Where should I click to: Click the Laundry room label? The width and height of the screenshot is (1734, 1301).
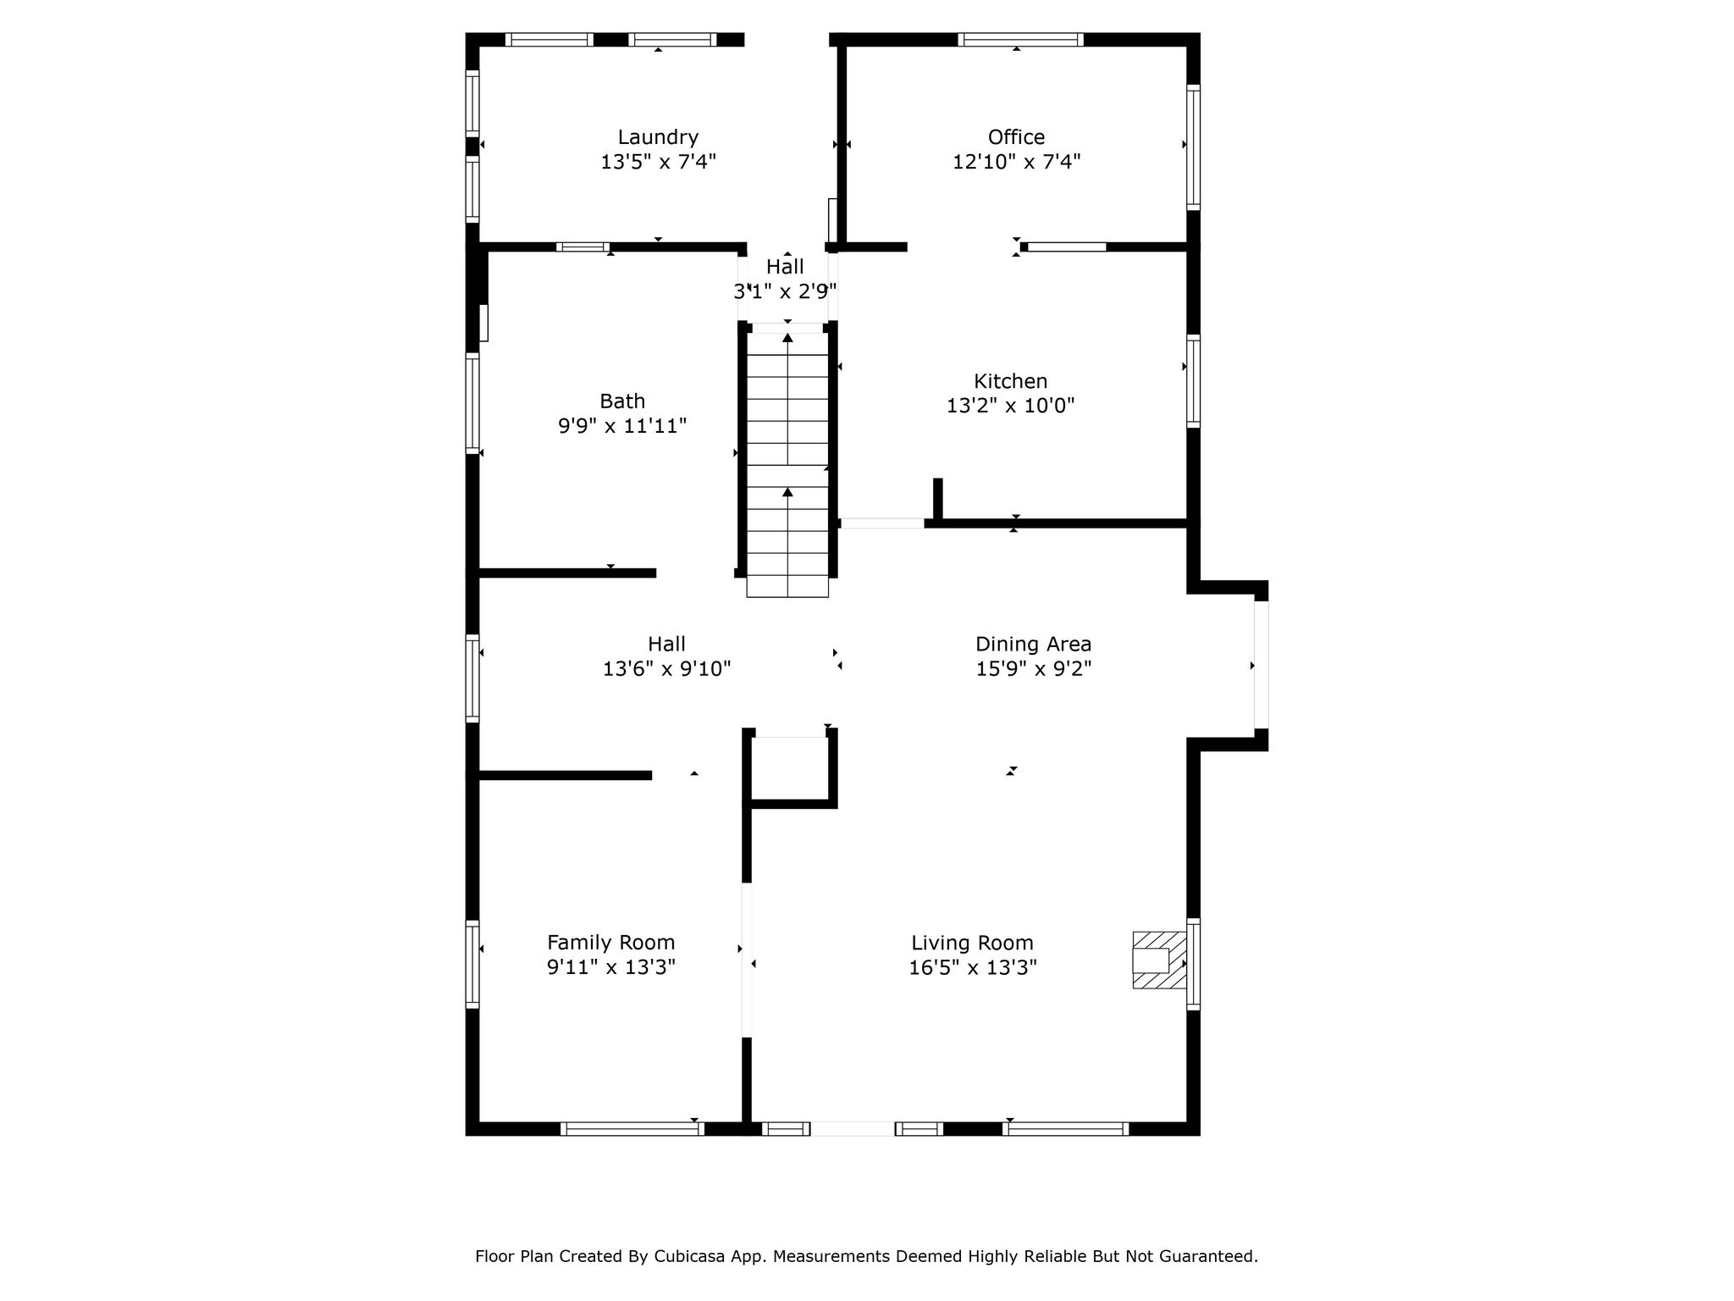(658, 137)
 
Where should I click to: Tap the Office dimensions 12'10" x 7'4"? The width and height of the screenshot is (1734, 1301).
(1016, 162)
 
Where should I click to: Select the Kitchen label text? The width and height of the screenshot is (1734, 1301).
(1010, 381)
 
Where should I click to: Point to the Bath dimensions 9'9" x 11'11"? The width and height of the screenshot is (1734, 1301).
(621, 425)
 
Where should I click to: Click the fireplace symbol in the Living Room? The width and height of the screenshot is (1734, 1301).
(1159, 960)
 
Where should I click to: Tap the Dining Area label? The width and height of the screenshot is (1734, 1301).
(1033, 644)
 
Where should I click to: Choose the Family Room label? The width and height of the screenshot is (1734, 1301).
(610, 943)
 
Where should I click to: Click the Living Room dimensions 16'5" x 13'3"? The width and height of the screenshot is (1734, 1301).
(973, 967)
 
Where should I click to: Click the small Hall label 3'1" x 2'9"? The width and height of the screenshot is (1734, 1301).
(785, 280)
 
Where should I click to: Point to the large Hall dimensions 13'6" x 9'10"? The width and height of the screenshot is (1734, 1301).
(666, 669)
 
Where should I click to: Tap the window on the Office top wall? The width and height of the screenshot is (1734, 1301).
(1020, 39)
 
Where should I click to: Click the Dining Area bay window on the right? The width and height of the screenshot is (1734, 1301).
(1261, 665)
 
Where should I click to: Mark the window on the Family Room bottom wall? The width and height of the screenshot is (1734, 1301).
(632, 1128)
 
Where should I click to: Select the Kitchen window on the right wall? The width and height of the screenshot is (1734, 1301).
(1193, 381)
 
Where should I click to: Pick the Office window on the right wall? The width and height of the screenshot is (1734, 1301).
(1193, 147)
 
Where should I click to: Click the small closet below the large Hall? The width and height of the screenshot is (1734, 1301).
(791, 767)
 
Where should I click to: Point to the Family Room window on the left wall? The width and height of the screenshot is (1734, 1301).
(472, 964)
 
